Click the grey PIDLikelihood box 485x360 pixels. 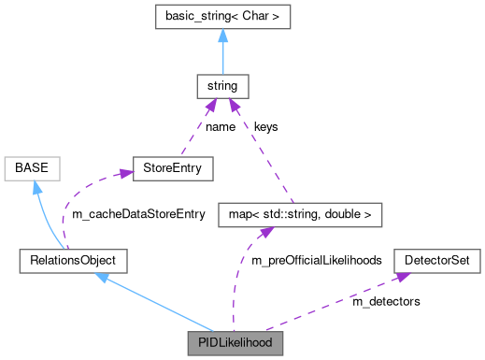coord(235,343)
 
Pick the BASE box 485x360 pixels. coord(33,169)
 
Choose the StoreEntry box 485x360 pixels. coord(173,169)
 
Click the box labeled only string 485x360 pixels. coord(223,86)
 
